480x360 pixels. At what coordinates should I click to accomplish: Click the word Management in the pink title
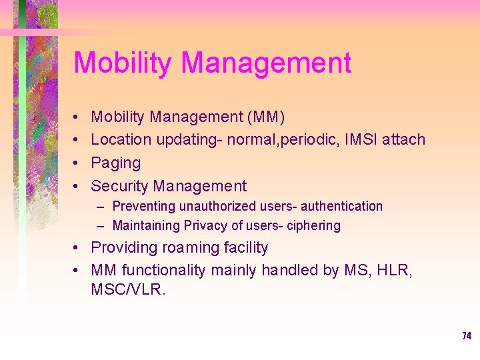(x=266, y=63)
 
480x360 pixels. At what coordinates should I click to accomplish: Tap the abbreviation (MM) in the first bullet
(x=266, y=117)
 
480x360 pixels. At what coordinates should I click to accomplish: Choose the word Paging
(x=116, y=163)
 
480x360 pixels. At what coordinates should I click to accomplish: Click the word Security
(x=119, y=187)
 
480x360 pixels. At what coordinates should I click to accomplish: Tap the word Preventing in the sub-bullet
(x=143, y=207)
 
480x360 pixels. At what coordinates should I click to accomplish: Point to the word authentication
(x=341, y=207)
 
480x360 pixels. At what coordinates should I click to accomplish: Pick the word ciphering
(x=313, y=226)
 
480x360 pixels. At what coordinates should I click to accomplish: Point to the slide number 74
(x=466, y=336)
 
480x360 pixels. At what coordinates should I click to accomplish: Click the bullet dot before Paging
(x=78, y=163)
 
